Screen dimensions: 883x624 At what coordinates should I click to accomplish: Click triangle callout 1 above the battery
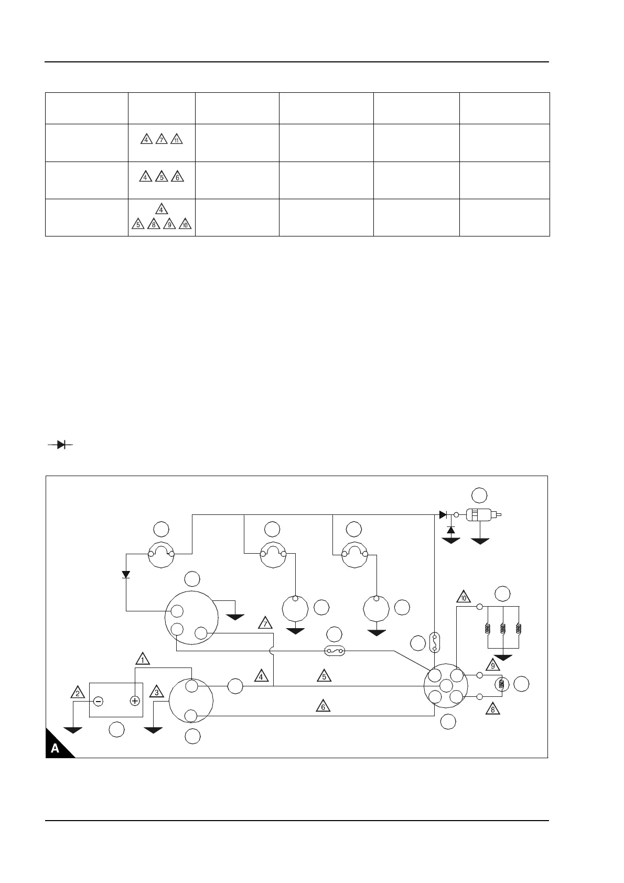pyautogui.click(x=143, y=659)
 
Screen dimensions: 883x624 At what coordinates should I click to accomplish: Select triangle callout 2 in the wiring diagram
pyautogui.click(x=78, y=693)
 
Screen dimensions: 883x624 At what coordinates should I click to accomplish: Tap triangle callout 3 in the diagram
pyautogui.click(x=156, y=693)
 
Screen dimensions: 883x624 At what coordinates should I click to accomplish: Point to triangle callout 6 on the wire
pyautogui.click(x=323, y=707)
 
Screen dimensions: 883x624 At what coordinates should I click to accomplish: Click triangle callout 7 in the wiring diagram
pyautogui.click(x=266, y=623)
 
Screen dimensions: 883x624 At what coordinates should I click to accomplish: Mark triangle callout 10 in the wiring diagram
pyautogui.click(x=463, y=597)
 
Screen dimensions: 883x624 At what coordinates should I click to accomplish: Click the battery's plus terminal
pyautogui.click(x=134, y=701)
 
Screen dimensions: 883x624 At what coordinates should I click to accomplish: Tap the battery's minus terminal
pyautogui.click(x=98, y=701)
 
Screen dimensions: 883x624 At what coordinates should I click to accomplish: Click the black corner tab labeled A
pyautogui.click(x=57, y=747)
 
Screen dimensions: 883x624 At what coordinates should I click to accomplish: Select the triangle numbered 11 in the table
pyautogui.click(x=177, y=140)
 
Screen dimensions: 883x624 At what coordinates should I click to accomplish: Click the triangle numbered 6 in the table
pyautogui.click(x=177, y=177)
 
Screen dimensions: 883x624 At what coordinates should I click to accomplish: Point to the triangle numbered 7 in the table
pyautogui.click(x=162, y=140)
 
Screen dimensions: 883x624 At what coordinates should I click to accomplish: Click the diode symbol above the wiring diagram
pyautogui.click(x=60, y=445)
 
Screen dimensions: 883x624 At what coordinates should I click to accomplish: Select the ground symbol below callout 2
pyautogui.click(x=73, y=730)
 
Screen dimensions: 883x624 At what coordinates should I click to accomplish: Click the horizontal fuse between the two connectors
pyautogui.click(x=336, y=651)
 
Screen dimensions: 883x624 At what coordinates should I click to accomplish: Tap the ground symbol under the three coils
pyautogui.click(x=503, y=658)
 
